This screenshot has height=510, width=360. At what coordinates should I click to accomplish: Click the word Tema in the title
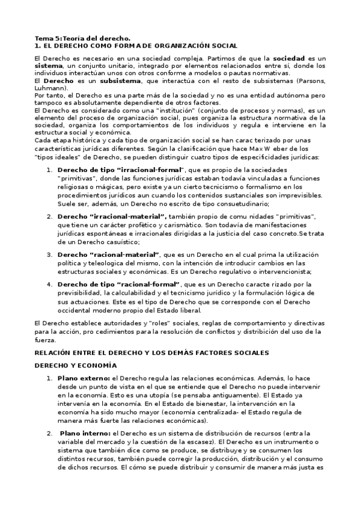(44, 38)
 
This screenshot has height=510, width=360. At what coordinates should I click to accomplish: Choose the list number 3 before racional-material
(49, 254)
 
